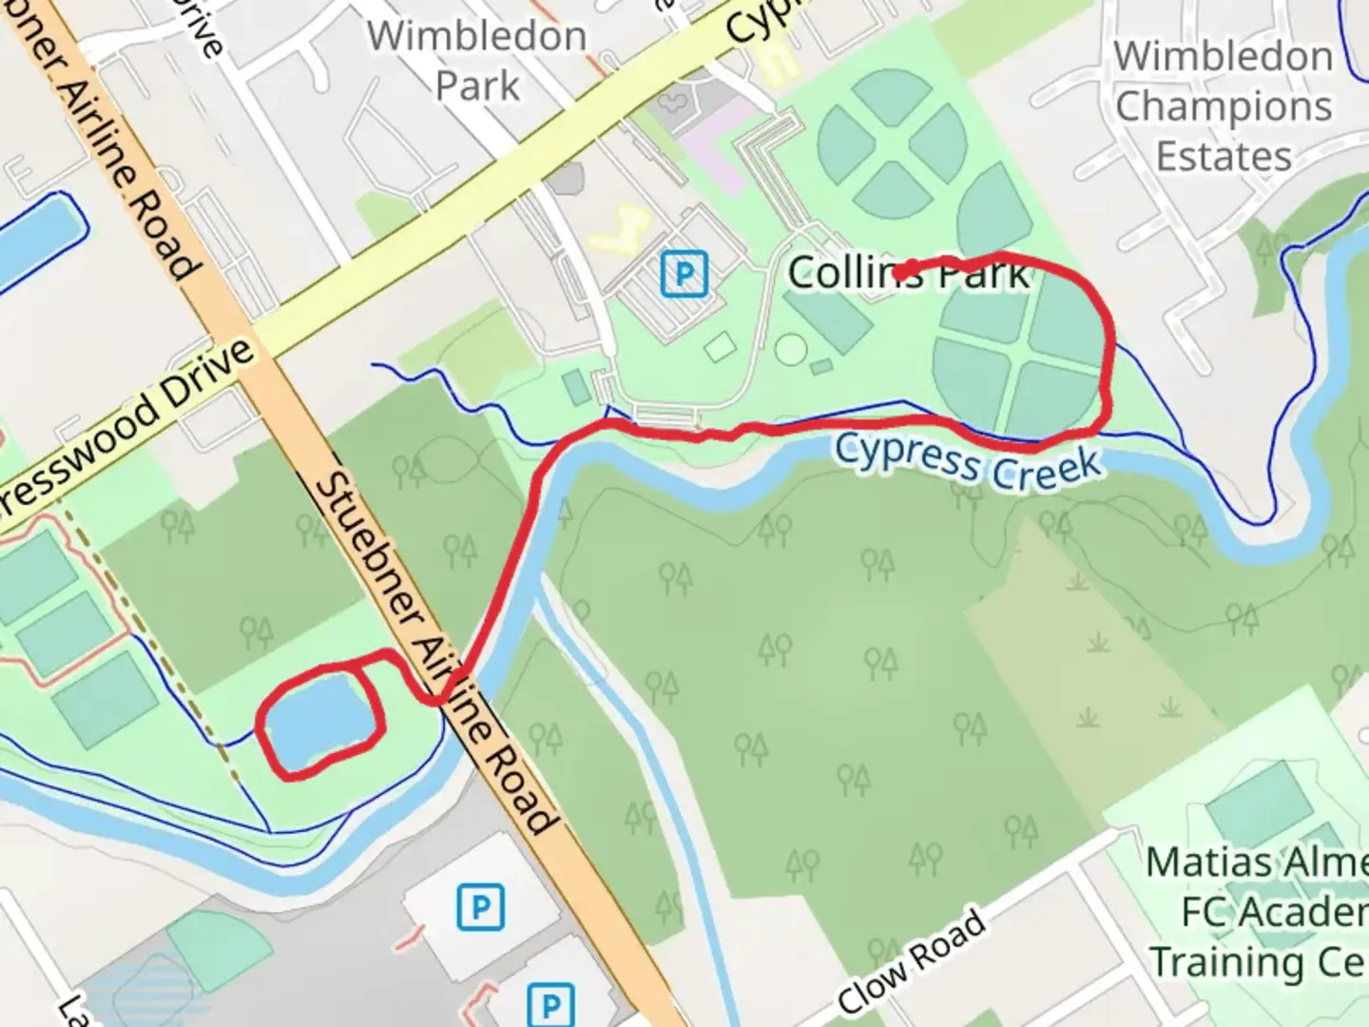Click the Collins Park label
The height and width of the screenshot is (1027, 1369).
[908, 274]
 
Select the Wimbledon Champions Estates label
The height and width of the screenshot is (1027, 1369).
[1224, 106]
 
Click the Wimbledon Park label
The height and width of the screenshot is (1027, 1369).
[477, 61]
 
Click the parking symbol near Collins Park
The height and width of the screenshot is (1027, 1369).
[684, 274]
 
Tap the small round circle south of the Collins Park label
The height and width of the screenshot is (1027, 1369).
[790, 350]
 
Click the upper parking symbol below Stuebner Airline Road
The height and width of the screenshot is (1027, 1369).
[480, 907]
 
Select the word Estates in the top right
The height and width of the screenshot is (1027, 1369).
[1224, 156]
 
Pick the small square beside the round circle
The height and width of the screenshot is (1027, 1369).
[721, 346]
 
